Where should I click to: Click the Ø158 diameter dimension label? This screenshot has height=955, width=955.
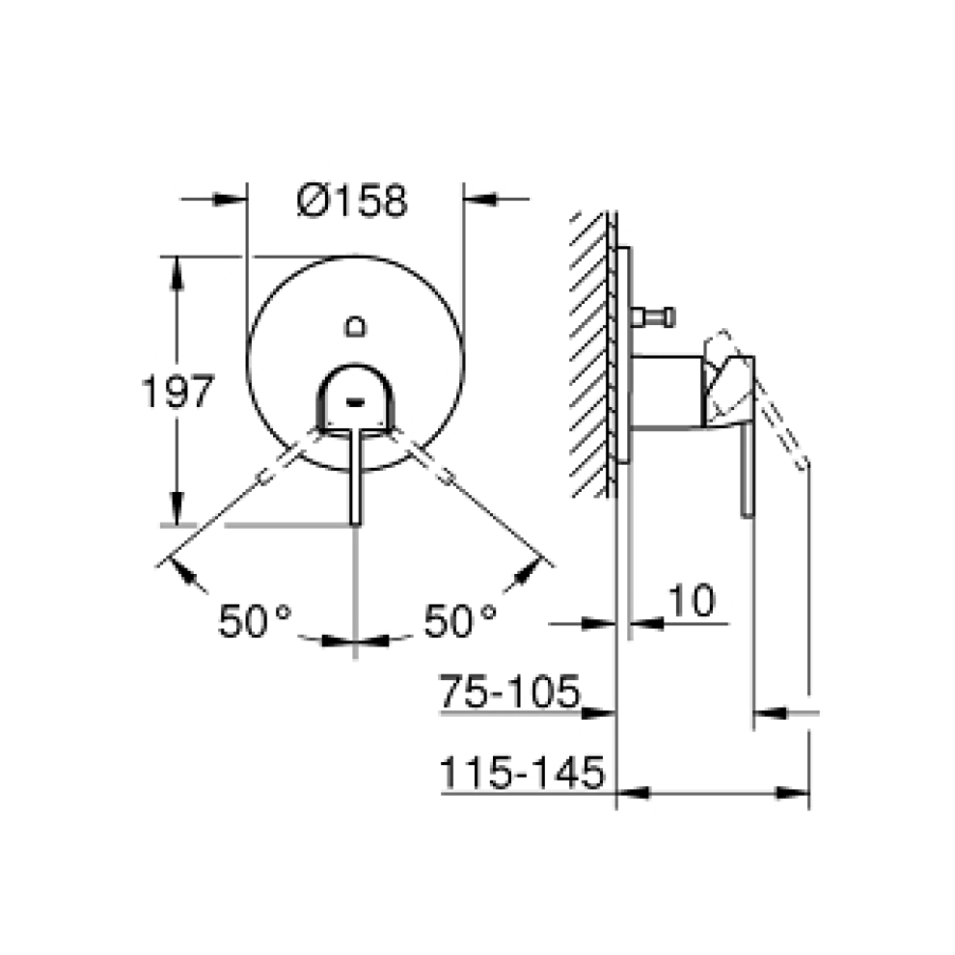tap(353, 201)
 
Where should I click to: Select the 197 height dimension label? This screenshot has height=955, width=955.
tap(176, 394)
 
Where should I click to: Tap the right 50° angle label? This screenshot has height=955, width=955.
tap(460, 620)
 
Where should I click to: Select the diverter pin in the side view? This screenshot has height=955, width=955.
tap(653, 315)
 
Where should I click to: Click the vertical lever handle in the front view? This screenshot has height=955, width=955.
tap(355, 477)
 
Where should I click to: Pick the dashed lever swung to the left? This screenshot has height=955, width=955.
tap(280, 464)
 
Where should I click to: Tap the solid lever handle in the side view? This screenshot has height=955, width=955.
tap(746, 463)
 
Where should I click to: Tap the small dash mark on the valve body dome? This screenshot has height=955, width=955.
tap(355, 397)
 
